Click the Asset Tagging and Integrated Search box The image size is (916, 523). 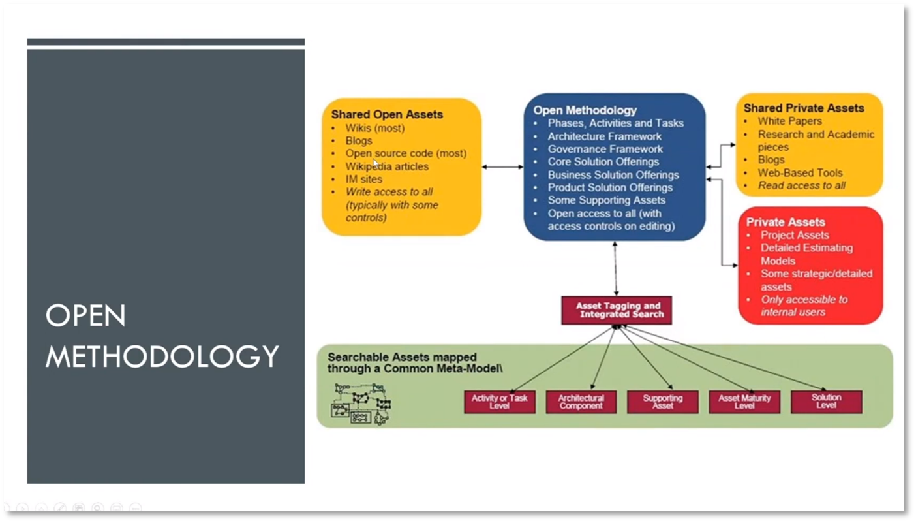[616, 310]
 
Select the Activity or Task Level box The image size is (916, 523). [500, 402]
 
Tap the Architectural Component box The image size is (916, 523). [581, 402]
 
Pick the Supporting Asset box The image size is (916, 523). [663, 402]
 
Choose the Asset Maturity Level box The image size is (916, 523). [744, 402]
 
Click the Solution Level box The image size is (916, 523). [826, 402]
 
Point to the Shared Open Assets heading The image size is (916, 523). [387, 114]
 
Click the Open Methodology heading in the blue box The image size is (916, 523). [585, 110]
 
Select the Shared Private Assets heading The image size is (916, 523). [804, 108]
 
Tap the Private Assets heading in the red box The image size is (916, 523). [786, 222]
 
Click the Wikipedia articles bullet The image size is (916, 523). [387, 166]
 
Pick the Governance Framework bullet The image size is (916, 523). [605, 149]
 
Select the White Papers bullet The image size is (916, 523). [789, 121]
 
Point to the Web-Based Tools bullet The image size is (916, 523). [800, 173]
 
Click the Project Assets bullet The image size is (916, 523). [795, 235]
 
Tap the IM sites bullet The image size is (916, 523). [364, 179]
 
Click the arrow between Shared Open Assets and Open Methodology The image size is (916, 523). [502, 167]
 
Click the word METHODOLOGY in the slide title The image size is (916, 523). [162, 357]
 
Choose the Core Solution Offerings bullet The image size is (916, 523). [603, 162]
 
